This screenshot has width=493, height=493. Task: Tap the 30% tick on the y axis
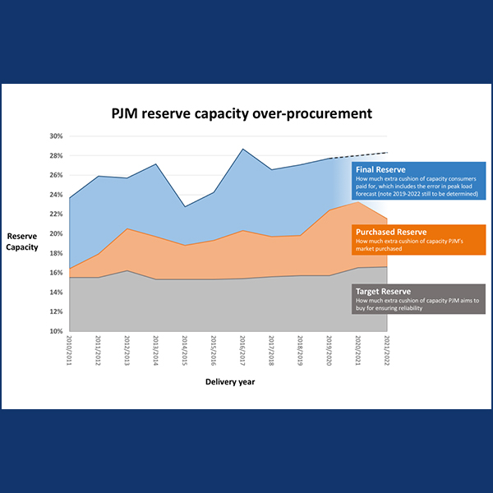coord(56,136)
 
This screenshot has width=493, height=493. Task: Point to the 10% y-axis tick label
coord(56,331)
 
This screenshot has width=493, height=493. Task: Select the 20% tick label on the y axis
coord(56,233)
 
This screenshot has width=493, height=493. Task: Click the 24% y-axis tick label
coord(56,195)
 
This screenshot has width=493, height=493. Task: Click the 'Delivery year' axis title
coord(229,382)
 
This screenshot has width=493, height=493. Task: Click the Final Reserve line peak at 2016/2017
coord(243,149)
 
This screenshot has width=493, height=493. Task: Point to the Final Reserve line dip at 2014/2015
coord(186,206)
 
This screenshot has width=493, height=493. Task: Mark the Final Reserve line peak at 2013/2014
coord(157,164)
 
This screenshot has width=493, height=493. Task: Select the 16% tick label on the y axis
coord(56,273)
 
